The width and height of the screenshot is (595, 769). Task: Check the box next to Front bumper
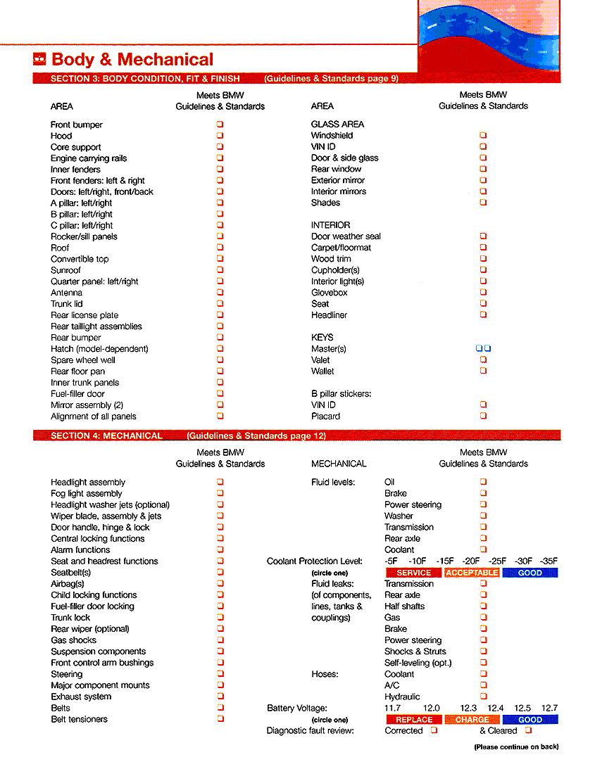[220, 125]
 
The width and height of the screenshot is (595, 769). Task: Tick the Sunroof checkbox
[220, 270]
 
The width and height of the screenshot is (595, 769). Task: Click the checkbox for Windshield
[483, 135]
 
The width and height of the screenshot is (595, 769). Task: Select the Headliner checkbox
[483, 315]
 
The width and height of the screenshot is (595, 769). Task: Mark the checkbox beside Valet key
[483, 360]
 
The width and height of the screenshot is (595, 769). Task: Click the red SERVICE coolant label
[414, 573]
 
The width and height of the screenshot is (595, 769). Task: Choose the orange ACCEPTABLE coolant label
[472, 573]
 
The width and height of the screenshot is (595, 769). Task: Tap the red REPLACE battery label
[414, 720]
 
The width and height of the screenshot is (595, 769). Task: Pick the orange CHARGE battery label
[472, 720]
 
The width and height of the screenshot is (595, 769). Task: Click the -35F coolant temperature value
[549, 561]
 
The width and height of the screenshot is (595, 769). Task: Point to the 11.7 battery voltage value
[392, 708]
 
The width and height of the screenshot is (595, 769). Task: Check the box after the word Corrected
[434, 730]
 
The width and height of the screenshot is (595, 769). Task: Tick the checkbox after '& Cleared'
[528, 730]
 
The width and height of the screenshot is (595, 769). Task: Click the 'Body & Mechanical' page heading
[132, 60]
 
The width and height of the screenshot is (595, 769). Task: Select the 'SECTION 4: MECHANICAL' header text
[106, 436]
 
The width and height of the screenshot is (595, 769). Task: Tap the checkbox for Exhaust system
[220, 697]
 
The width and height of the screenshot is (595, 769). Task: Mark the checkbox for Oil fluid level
[483, 482]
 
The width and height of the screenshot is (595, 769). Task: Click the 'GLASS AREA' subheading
[337, 124]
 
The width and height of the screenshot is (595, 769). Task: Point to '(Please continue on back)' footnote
[516, 746]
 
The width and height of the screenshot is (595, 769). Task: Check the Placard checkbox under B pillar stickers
[483, 416]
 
